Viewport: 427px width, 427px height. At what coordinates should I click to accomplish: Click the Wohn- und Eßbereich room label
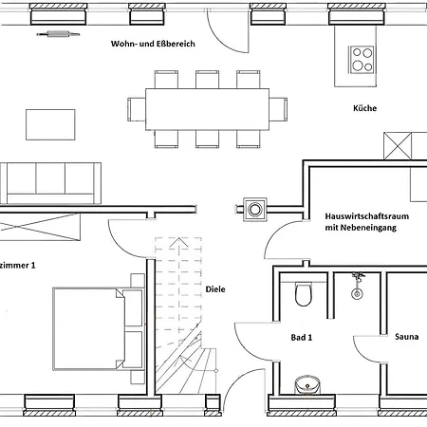[x=153, y=44]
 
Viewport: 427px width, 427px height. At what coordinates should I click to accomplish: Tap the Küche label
[x=364, y=108]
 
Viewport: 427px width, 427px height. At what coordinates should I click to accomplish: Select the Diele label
[x=215, y=289]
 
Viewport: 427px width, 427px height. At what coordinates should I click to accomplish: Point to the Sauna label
[x=407, y=337]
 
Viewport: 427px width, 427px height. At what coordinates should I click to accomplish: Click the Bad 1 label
[x=302, y=338]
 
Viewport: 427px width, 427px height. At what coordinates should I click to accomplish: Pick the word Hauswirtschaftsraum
[x=367, y=216]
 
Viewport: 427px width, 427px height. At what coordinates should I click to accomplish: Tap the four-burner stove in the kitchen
[x=362, y=60]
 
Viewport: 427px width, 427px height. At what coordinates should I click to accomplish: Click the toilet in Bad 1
[x=304, y=294]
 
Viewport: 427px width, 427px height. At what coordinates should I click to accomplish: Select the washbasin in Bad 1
[x=307, y=384]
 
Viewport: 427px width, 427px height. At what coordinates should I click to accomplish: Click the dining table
[x=207, y=109]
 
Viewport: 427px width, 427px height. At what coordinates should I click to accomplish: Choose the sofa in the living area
[x=50, y=183]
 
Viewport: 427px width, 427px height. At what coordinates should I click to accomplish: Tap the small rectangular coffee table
[x=50, y=124]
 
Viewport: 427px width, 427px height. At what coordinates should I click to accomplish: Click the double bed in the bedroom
[x=98, y=329]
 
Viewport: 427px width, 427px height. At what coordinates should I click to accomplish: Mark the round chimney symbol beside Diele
[x=255, y=210]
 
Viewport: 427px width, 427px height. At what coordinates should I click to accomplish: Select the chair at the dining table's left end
[x=137, y=109]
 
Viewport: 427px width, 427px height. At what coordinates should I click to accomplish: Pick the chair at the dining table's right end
[x=278, y=109]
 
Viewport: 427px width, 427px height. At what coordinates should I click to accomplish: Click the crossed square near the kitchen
[x=398, y=146]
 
